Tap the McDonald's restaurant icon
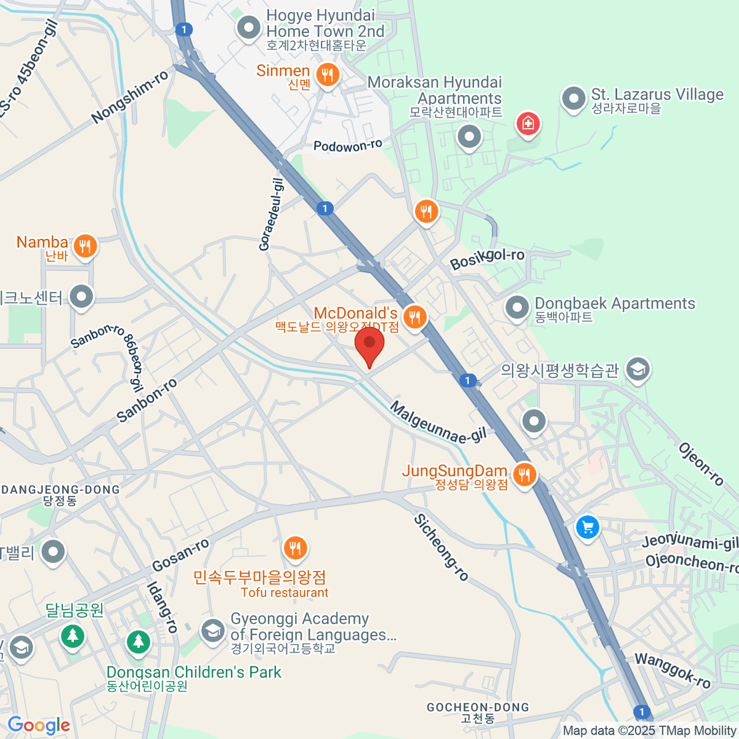416,317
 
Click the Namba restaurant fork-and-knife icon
85,246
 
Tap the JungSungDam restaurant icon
523,475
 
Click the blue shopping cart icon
588,528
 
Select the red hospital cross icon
528,124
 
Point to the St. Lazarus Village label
657,95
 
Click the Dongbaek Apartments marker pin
517,307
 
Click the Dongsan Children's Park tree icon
139,642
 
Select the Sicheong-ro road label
441,547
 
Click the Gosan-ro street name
180,555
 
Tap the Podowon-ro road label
347,146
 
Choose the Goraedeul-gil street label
272,214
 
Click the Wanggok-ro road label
672,670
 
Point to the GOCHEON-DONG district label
478,708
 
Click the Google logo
39,725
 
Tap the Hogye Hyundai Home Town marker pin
249,28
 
